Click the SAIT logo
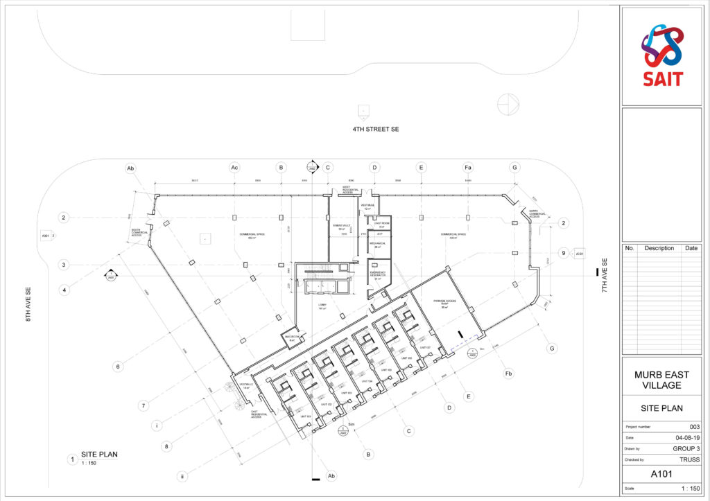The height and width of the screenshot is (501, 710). coord(661,55)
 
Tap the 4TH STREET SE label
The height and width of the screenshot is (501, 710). coord(375,130)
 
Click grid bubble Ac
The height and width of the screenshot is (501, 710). coord(234,167)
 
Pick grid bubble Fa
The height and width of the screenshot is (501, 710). coord(468,167)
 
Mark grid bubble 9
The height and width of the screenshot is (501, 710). coord(563,253)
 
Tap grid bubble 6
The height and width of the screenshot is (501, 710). coord(118,367)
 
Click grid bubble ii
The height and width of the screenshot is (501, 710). coord(182,476)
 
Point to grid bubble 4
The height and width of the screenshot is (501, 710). coord(64,290)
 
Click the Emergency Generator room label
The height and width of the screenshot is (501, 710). coord(379,275)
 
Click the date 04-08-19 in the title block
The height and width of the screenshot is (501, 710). coord(687,438)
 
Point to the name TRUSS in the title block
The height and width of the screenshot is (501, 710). coord(689,459)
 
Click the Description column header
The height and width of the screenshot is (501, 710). coord(659,248)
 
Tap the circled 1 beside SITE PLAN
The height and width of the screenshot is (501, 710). coord(71,459)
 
